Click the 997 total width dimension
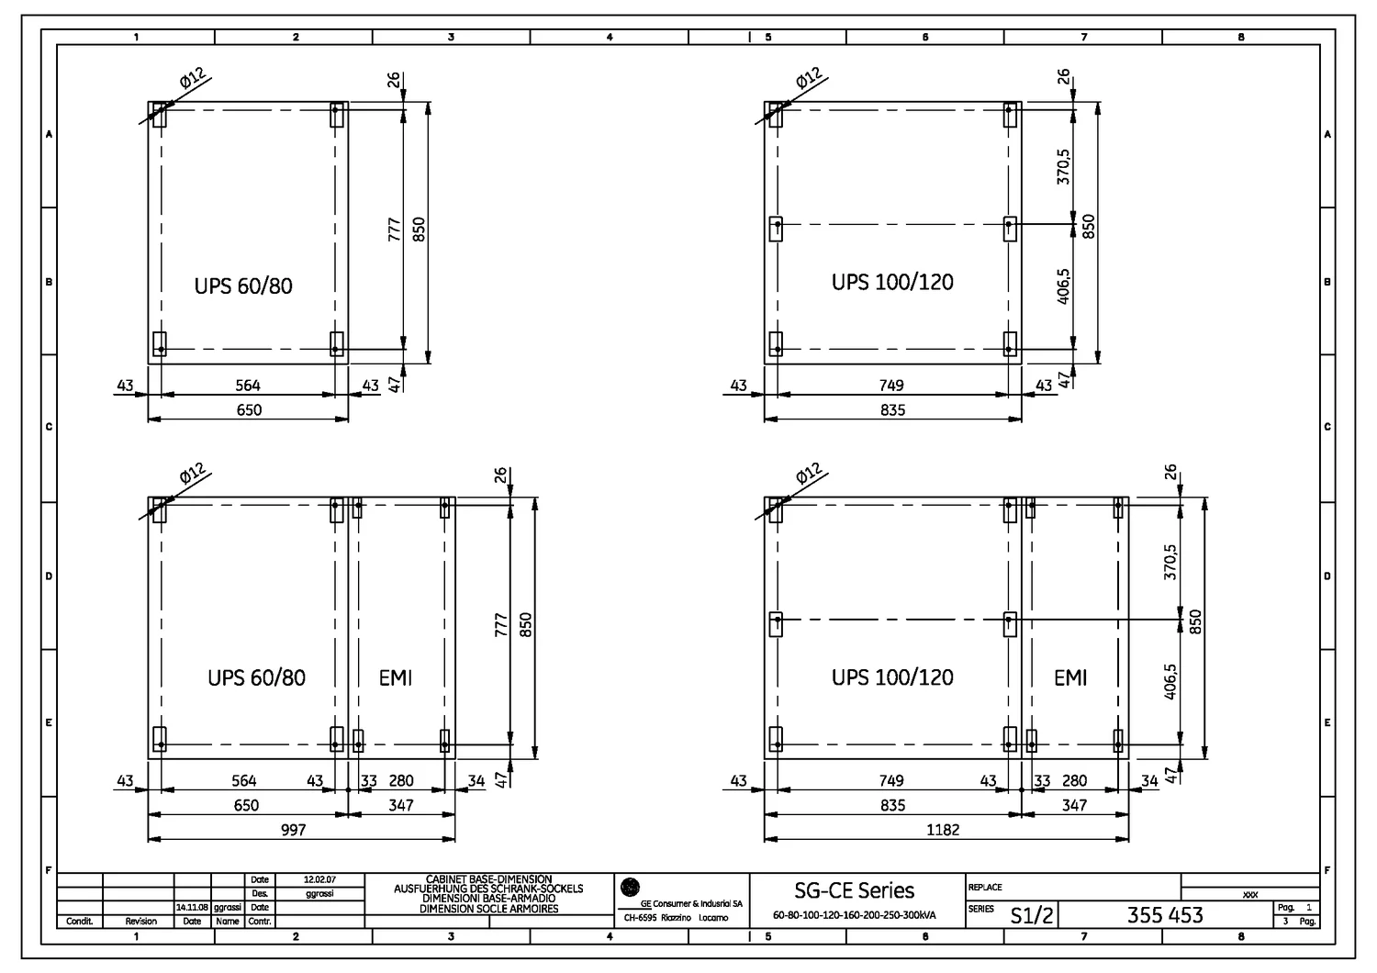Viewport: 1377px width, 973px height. pos(292,830)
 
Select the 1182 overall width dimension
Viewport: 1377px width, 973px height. pos(942,830)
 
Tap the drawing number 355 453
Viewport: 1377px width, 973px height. pos(1164,914)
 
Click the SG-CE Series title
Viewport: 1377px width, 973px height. pos(854,890)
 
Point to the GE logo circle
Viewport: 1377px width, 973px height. pos(630,887)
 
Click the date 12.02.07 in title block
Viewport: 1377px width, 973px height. pos(319,879)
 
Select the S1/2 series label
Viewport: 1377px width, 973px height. pos(1032,915)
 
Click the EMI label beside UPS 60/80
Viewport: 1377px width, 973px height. pos(396,678)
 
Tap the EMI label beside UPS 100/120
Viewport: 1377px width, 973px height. pos(1070,678)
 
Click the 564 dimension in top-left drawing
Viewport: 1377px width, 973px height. pos(248,386)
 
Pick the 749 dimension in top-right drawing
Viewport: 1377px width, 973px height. pos(890,386)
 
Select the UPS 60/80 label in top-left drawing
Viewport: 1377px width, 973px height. pos(243,285)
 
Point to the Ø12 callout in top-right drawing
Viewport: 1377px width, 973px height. pos(808,81)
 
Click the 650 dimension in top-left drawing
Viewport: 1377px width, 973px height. pos(249,410)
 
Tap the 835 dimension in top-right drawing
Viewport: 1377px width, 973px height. pos(892,410)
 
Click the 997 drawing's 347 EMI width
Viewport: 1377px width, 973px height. pos(401,805)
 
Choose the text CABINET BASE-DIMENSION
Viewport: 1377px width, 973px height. pos(488,879)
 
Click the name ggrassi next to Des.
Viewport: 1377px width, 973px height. pos(319,893)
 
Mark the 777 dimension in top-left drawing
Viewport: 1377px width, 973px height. pos(394,229)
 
